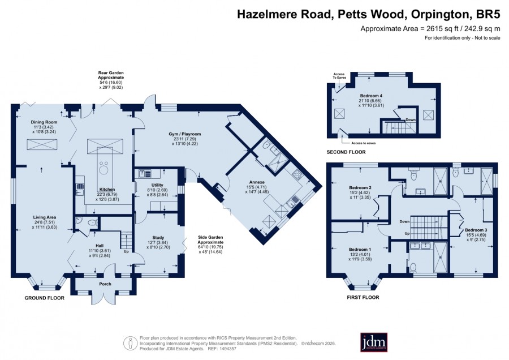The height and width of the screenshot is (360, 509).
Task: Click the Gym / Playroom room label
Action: (185, 134)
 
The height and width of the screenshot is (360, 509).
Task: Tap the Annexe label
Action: (257, 182)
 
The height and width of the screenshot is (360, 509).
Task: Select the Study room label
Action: (158, 238)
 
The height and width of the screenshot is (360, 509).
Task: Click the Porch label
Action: (105, 284)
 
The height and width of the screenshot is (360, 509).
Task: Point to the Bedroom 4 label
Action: (371, 96)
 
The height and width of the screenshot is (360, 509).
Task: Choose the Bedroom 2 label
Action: (360, 187)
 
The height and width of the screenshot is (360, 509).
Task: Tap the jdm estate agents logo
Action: (374, 342)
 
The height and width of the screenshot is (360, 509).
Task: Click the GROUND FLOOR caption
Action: (45, 298)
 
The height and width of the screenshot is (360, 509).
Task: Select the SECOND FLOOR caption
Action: (346, 152)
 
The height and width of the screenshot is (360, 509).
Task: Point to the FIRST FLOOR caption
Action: (363, 297)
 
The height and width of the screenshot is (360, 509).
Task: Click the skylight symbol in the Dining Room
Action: (42, 144)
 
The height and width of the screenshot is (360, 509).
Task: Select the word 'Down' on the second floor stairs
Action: (411, 120)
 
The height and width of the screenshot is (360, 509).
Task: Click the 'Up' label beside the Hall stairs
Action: (126, 251)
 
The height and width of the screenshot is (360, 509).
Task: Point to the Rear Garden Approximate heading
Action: (111, 75)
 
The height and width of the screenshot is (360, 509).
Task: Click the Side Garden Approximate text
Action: (211, 240)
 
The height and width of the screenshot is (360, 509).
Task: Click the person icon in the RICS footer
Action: (130, 343)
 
